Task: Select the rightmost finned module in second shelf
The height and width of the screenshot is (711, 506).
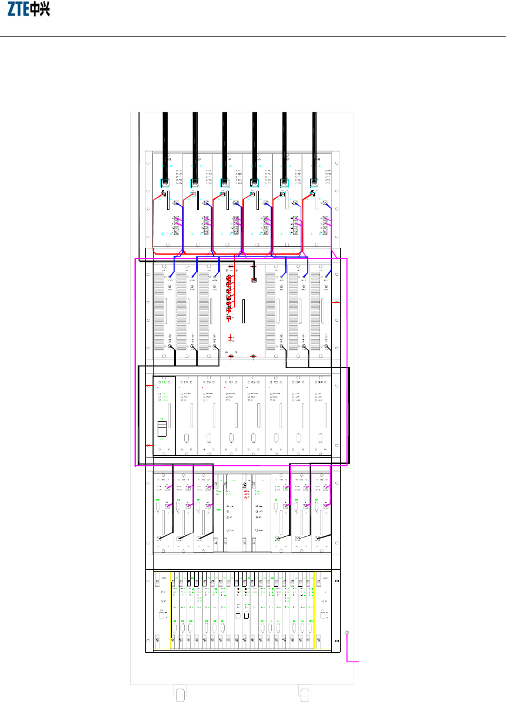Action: click(x=321, y=312)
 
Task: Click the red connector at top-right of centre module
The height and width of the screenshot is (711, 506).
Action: click(x=254, y=280)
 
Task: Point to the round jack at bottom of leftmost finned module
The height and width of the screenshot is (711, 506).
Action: click(x=171, y=347)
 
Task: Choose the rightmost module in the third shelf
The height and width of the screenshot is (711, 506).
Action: click(x=321, y=415)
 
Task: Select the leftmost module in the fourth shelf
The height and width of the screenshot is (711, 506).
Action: click(x=163, y=512)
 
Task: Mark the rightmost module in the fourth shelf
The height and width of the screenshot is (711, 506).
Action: click(x=322, y=512)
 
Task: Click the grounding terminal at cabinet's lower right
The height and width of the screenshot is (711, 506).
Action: click(x=347, y=633)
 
